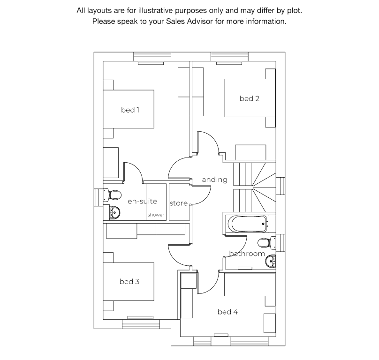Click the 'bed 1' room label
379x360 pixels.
[x=130, y=110]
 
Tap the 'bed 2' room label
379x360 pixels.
[x=249, y=98]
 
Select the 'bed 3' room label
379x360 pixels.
[x=129, y=282]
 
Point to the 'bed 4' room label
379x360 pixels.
[x=227, y=312]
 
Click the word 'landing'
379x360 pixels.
[x=213, y=180]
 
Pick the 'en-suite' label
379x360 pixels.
[x=142, y=202]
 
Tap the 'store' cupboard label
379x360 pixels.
[x=178, y=203]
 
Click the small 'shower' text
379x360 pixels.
[x=156, y=215]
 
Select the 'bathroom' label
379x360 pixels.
[x=247, y=254]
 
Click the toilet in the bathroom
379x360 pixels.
[x=266, y=242]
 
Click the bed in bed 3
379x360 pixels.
[x=129, y=282]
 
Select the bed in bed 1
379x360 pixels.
[x=129, y=110]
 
